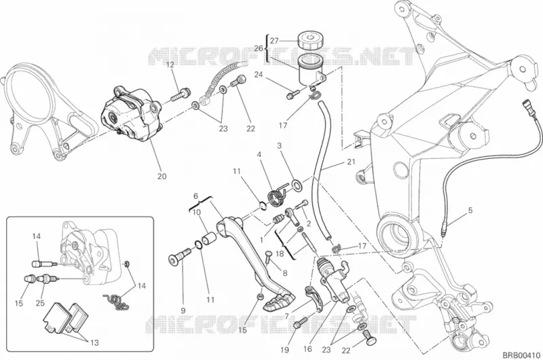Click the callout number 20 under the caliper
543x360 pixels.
tap(162, 177)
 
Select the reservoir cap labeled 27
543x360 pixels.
tap(310, 41)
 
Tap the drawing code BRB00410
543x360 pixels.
tap(521, 355)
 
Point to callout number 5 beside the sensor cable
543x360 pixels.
tap(470, 211)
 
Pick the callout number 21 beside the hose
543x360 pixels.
tap(351, 162)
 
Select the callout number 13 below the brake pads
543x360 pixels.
tap(94, 342)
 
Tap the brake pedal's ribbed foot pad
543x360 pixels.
tap(279, 302)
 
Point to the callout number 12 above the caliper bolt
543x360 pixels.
tap(170, 65)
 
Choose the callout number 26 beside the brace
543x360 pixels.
tap(259, 48)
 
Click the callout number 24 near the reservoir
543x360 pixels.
tap(259, 75)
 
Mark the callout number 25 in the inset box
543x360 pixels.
tap(40, 303)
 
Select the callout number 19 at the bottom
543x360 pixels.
tap(284, 350)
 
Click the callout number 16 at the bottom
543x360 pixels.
tap(307, 349)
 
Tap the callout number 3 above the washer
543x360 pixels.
tap(279, 145)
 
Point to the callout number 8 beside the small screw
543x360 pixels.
tap(285, 273)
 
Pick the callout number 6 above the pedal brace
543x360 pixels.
tap(195, 196)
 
